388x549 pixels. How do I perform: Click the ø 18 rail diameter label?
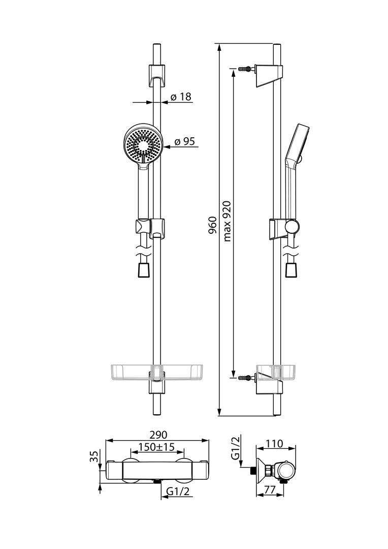pos(181,97)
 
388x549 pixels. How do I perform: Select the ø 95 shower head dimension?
pos(184,142)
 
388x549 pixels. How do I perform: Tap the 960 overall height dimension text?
pos(213,225)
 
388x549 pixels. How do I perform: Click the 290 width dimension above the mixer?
pos(158,435)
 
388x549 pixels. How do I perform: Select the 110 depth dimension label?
pos(275,444)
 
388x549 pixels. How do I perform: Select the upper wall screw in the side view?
pos(245,68)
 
